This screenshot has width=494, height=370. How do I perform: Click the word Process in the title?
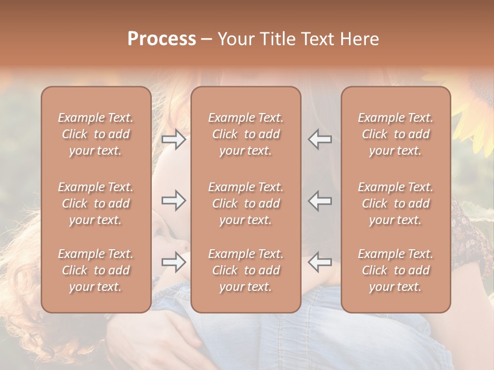point(162,39)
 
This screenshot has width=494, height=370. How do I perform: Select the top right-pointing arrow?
point(174,139)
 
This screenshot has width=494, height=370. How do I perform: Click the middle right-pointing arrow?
point(174,200)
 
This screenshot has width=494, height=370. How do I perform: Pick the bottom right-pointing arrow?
point(174,262)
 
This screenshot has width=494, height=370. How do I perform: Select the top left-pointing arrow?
point(320,139)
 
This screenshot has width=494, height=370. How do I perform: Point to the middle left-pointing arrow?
point(320,200)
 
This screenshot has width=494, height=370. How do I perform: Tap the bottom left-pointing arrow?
point(320,262)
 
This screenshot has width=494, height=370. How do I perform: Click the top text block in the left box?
point(96,134)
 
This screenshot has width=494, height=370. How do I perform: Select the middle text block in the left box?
point(96,203)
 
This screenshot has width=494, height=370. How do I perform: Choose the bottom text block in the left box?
point(96,270)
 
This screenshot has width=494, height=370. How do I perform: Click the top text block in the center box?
point(245,134)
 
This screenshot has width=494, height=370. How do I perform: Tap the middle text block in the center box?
point(245,203)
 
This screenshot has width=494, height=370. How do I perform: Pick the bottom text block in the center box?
point(245,270)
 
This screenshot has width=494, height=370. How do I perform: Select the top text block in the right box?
point(395,134)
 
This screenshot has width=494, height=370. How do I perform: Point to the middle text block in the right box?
point(395,203)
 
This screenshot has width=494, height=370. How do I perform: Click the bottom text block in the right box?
point(395,270)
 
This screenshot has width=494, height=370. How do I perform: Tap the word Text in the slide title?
point(319,39)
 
